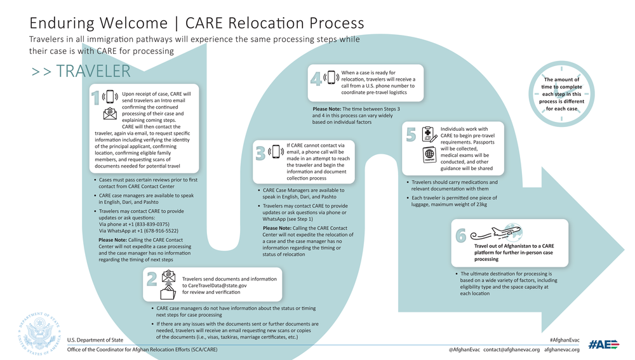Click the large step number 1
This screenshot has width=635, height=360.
click(x=95, y=98)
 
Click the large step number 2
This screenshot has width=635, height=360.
click(x=152, y=279)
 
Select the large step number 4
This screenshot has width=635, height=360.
click(x=316, y=78)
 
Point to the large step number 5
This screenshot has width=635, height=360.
click(x=411, y=135)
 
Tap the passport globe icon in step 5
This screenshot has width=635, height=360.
click(x=429, y=154)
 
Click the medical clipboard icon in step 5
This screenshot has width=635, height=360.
click(x=429, y=134)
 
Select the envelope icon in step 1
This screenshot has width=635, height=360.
click(x=110, y=114)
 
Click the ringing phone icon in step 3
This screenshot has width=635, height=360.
click(x=276, y=152)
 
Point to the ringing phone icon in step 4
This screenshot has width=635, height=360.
click(x=331, y=77)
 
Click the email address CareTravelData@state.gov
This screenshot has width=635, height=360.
click(x=214, y=286)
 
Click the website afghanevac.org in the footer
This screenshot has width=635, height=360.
click(x=562, y=350)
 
